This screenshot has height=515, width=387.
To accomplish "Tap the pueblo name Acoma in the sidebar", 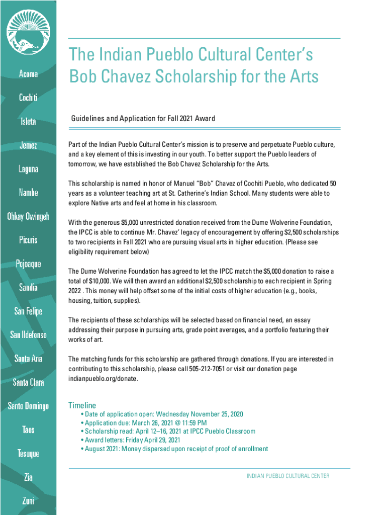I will point(28,74).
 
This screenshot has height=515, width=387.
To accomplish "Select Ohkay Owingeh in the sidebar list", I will point(28,217).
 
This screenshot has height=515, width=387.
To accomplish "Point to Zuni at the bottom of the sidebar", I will point(28,500).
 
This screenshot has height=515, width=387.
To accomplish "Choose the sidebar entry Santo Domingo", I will point(28,406).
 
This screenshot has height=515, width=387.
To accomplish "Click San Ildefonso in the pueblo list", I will point(28,334).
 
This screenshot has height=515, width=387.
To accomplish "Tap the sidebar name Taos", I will point(28,430).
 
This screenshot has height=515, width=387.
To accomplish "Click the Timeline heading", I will point(82,405).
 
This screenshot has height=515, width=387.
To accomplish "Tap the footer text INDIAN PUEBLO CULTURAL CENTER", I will point(288,476).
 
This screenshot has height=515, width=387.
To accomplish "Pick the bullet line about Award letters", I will point(134,440).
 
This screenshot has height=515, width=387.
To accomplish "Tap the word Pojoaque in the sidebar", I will point(28,264).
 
